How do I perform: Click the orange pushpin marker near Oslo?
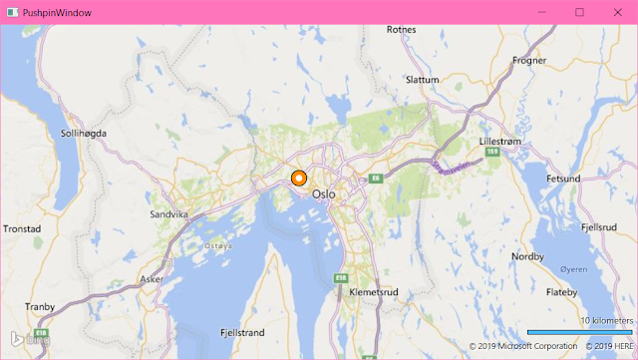[x=298, y=179]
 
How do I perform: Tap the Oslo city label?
[x=324, y=194]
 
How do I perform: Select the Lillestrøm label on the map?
[x=501, y=143]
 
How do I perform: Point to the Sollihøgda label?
[x=83, y=133]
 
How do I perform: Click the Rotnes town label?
[x=401, y=30]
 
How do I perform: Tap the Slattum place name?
[x=423, y=79]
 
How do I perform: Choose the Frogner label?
[x=529, y=60]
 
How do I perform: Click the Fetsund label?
[x=563, y=179]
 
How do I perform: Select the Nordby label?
[x=527, y=256]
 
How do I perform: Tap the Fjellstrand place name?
[x=241, y=331]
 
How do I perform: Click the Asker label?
[x=152, y=279]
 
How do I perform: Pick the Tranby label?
[x=40, y=306]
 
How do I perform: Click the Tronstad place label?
[x=22, y=228]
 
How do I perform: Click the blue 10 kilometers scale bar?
[x=579, y=332]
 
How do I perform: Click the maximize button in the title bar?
[x=579, y=11]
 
